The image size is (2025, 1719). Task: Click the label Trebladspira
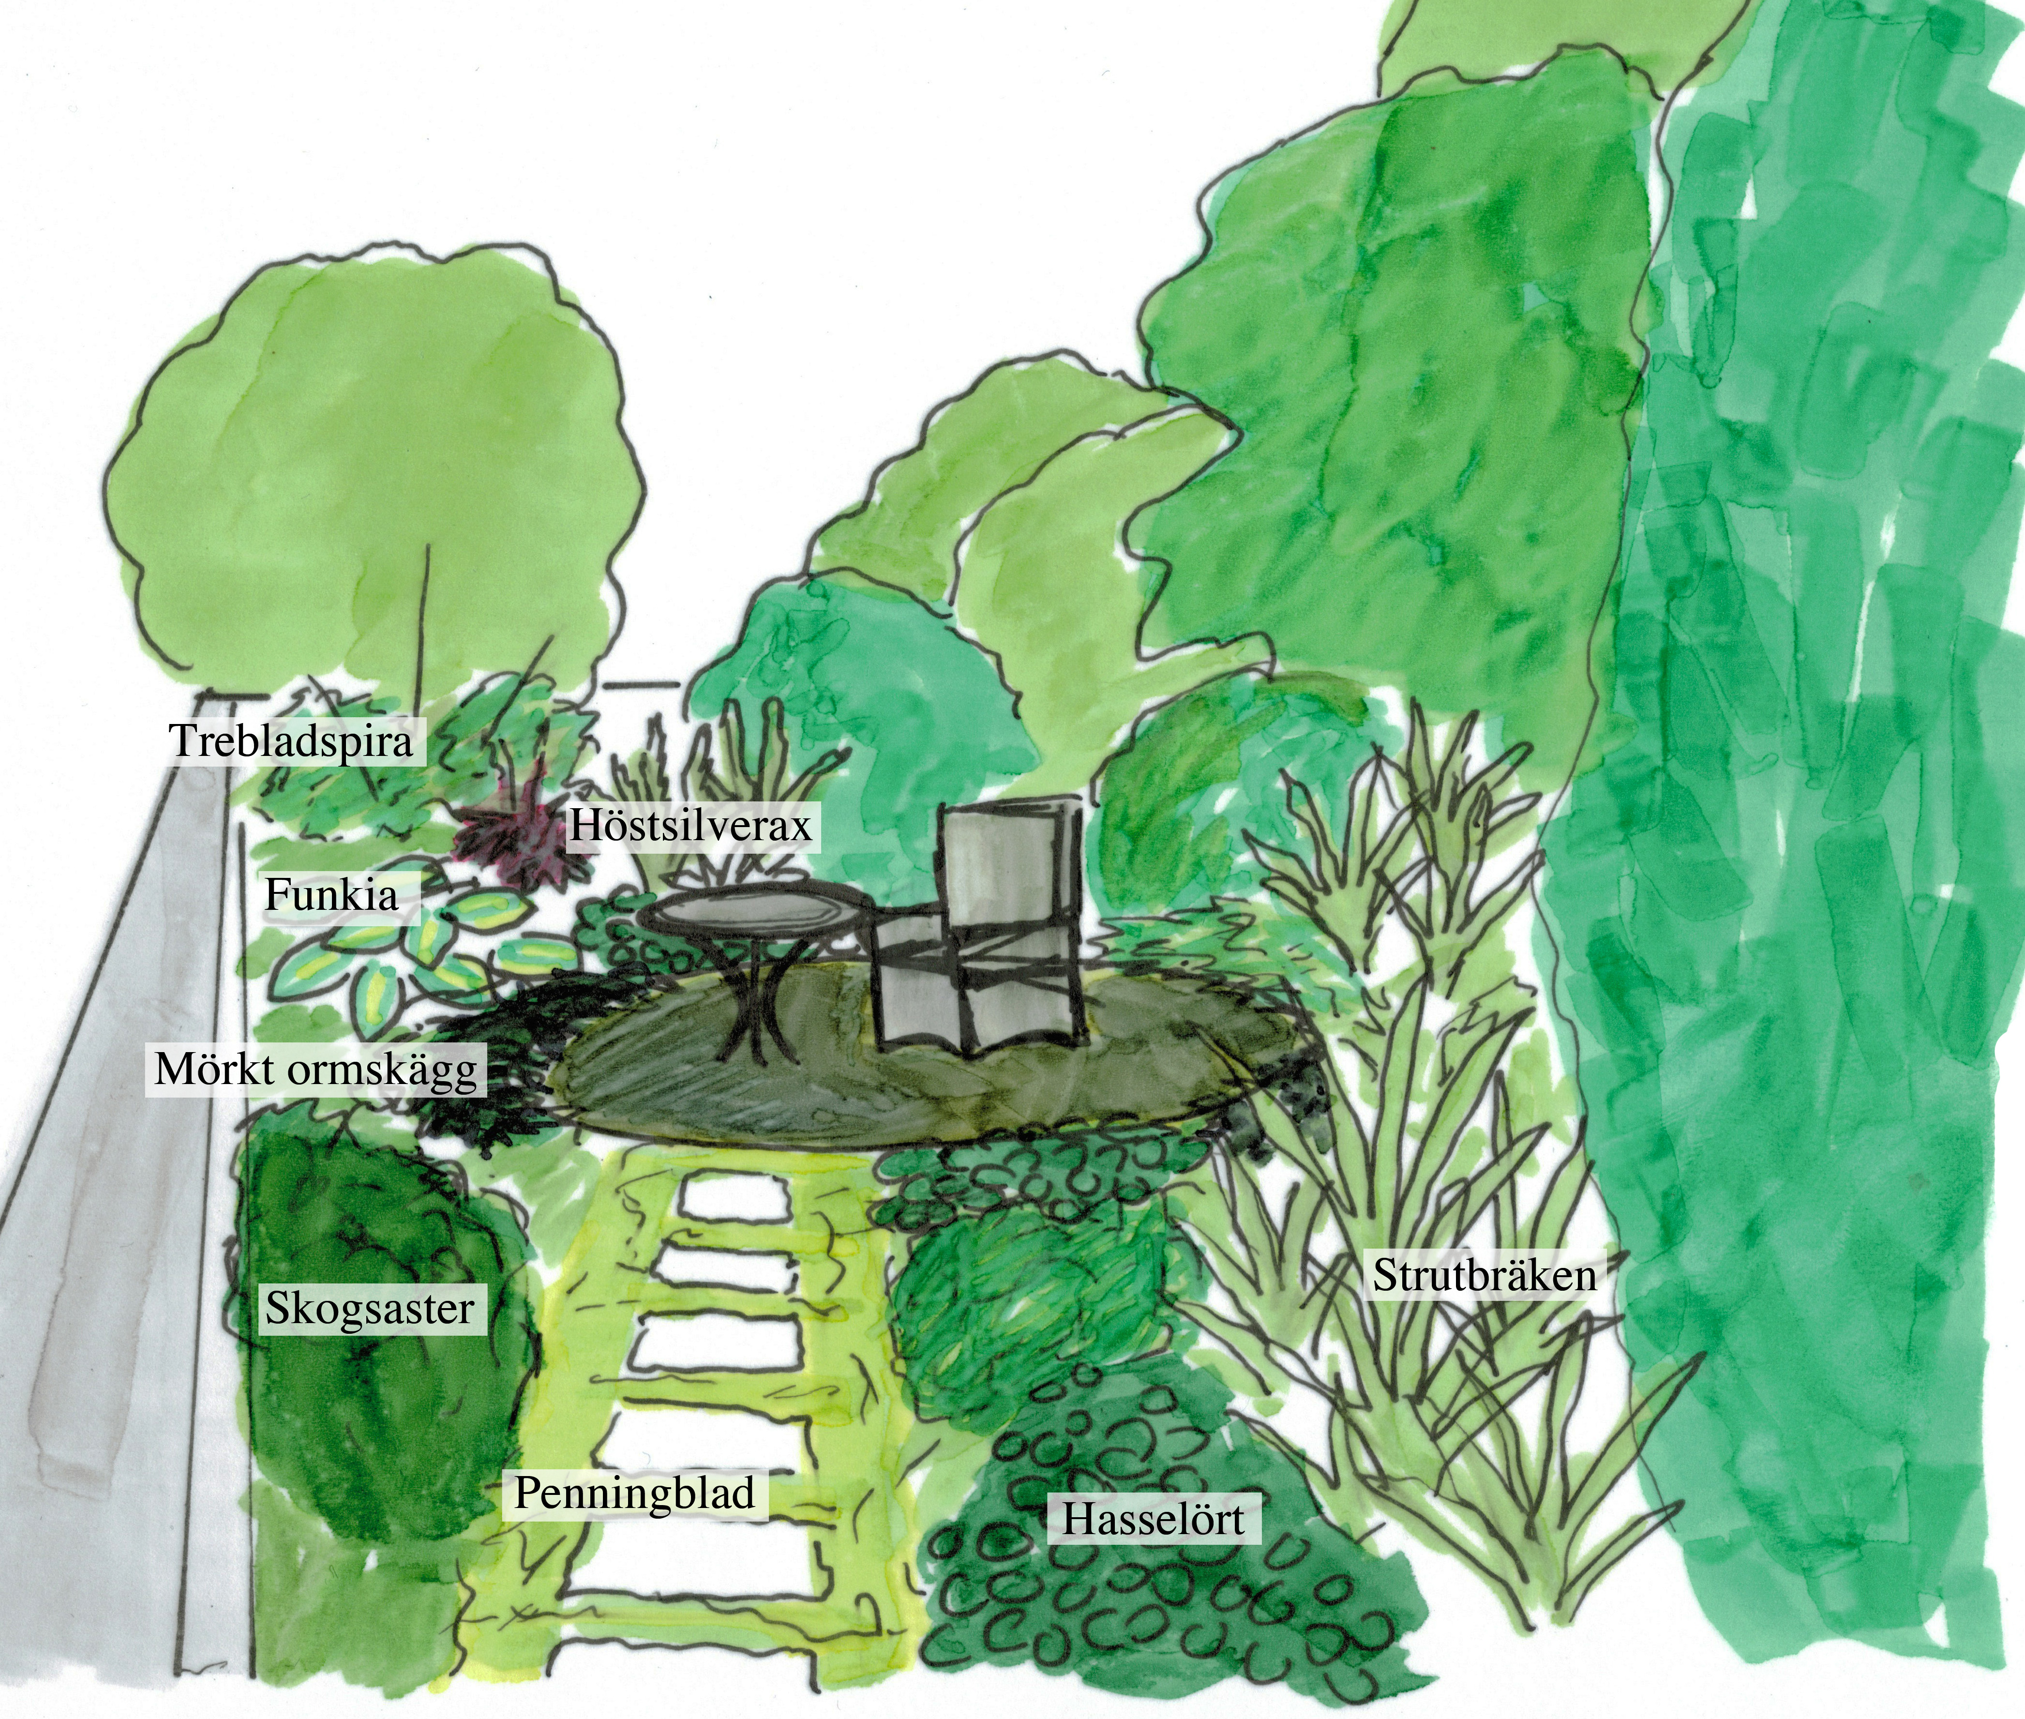tap(292, 741)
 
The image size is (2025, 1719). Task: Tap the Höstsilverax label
tap(691, 827)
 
